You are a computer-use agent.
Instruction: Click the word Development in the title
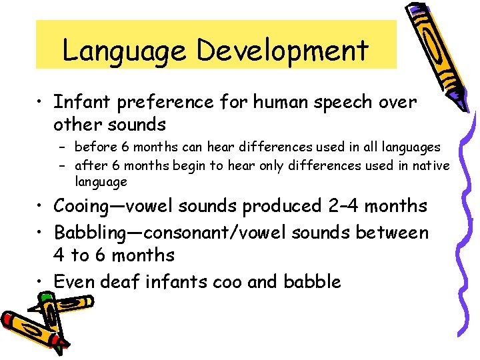click(x=283, y=51)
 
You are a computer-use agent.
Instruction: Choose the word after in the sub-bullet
click(x=89, y=165)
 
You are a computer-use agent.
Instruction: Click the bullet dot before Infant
click(x=41, y=103)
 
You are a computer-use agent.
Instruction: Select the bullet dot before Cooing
click(x=41, y=206)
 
